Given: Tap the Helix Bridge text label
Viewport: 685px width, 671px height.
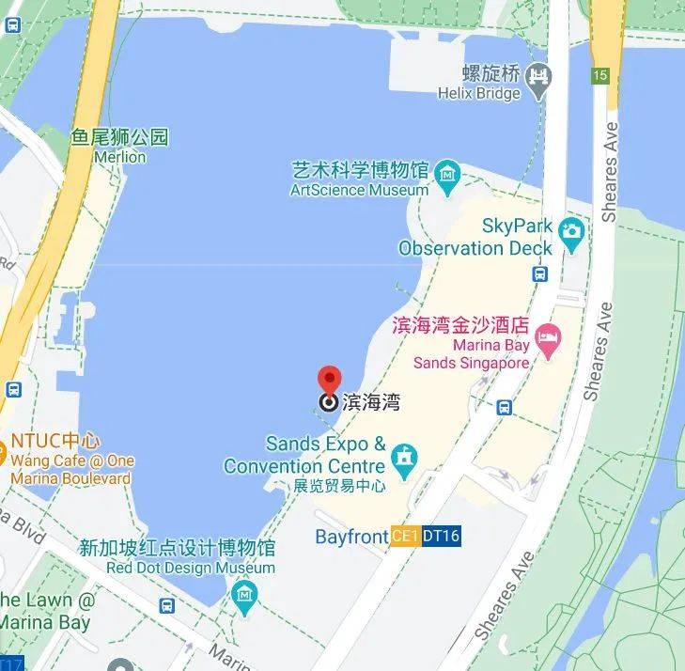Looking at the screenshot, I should point(478,93).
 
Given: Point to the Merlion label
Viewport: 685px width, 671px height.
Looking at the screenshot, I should point(120,157).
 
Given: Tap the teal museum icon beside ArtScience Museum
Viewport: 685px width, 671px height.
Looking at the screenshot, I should point(447,173).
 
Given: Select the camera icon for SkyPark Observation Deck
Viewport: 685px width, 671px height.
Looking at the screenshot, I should point(570,230).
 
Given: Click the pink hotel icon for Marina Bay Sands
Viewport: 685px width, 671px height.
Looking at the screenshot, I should point(548,336).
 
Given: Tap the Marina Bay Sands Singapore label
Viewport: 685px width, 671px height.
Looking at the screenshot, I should point(472,353).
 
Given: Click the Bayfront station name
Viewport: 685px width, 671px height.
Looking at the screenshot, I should point(351,537).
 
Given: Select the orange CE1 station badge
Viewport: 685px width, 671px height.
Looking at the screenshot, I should point(405,537).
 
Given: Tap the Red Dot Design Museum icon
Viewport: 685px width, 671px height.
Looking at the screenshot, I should point(244,594).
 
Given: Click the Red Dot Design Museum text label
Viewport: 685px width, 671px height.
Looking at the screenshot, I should point(178,568).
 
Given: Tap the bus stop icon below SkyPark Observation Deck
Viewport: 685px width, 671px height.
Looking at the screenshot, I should point(540,273).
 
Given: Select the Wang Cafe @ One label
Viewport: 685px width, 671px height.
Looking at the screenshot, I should point(71,460).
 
